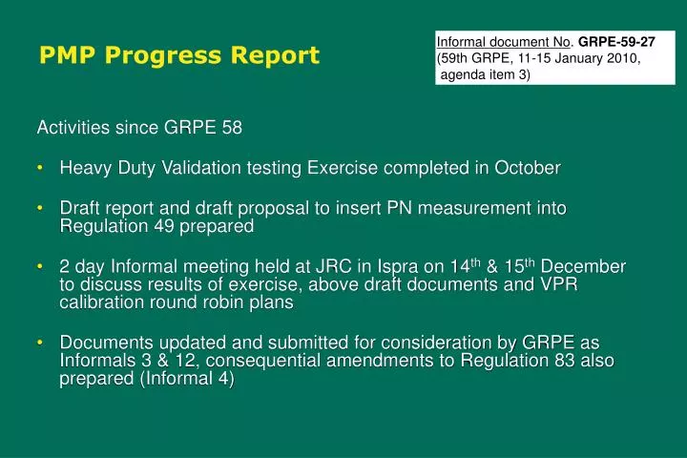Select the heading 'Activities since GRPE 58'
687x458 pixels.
[138, 128]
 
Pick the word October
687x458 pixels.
[527, 168]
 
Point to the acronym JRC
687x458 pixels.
[338, 266]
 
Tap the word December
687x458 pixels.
[585, 266]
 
